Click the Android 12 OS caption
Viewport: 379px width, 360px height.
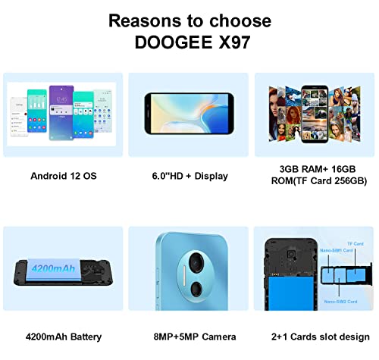click(63, 176)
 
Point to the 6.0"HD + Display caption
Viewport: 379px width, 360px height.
click(189, 176)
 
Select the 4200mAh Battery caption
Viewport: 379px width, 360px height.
click(63, 337)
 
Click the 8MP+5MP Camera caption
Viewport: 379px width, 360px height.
click(189, 337)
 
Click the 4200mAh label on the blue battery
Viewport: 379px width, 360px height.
click(55, 267)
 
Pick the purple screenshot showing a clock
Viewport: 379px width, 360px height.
click(61, 106)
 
